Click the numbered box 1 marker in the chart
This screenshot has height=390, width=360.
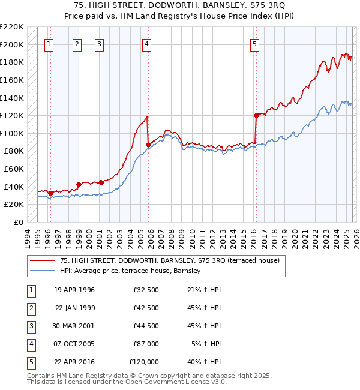[x=49, y=43]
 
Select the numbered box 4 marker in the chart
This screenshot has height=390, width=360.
[x=146, y=43]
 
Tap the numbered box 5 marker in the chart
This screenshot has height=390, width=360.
[x=255, y=43]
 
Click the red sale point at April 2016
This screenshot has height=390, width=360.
[x=256, y=115]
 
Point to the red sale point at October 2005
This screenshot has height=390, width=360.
[x=148, y=145]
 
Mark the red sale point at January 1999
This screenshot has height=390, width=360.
[x=79, y=184]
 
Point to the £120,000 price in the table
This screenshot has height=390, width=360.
[x=144, y=362]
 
